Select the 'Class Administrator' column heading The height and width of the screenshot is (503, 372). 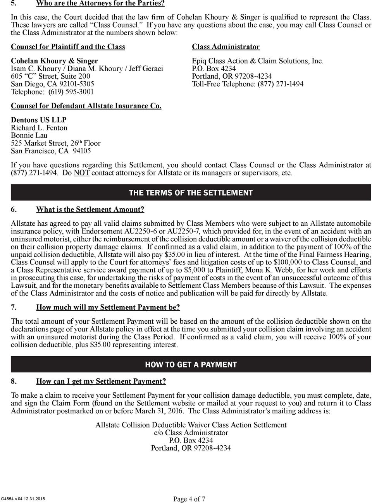[226, 47]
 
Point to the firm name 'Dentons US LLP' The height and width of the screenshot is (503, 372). [39, 120]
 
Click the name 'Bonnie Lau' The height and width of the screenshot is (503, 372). [29, 136]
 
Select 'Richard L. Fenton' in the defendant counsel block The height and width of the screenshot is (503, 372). [39, 128]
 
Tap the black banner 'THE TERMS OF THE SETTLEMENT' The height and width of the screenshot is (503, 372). [191, 192]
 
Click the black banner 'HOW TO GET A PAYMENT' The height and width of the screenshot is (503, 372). [191, 364]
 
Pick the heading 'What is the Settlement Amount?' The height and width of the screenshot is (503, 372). [90, 209]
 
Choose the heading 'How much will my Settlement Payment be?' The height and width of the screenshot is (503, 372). [108, 307]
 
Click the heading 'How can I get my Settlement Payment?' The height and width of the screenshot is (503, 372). [101, 381]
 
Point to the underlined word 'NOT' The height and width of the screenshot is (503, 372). [81, 173]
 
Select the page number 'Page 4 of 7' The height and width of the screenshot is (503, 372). [189, 499]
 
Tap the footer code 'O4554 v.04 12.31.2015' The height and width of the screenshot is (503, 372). [23, 499]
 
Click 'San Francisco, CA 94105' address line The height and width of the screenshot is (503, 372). [51, 151]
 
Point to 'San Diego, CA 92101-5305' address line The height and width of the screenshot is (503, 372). [52, 84]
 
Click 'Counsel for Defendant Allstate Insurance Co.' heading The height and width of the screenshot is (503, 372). [86, 106]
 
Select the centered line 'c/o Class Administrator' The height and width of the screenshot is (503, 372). [191, 433]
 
